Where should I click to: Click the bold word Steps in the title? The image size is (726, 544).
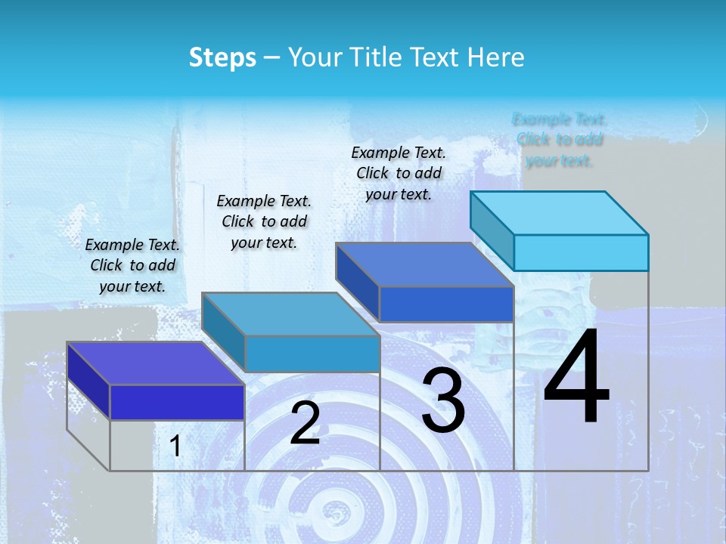point(222,57)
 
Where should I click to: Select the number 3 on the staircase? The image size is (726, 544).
point(443,400)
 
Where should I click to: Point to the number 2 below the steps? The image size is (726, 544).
point(306,423)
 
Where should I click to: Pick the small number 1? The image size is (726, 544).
point(175,447)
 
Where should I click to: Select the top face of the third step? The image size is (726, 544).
point(424,264)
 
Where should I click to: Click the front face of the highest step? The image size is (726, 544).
point(581,252)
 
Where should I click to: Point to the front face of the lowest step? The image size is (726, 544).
point(177,402)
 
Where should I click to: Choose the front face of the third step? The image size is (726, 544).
point(446,304)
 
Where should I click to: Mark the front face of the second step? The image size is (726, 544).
point(312,354)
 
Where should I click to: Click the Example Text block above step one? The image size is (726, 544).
point(133,265)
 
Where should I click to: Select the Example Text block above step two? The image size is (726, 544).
point(264,221)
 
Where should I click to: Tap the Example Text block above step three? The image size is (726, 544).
point(399,173)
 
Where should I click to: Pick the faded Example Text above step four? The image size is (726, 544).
point(560,140)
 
